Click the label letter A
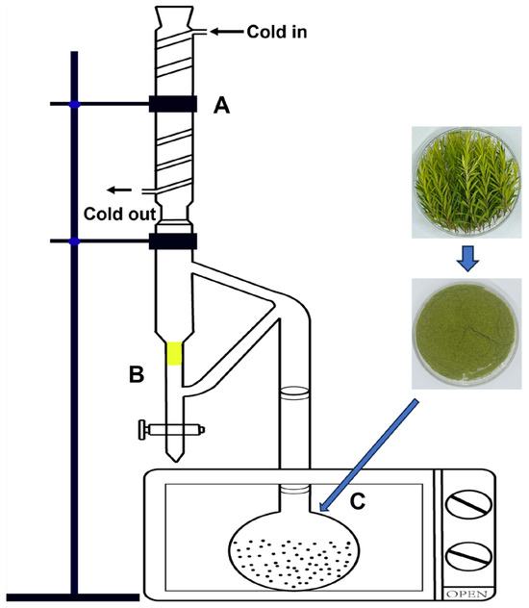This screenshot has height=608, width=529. tap(221, 110)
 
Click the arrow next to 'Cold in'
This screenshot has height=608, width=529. tap(229, 32)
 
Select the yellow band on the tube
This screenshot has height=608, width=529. tap(174, 353)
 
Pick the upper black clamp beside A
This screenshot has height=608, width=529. tap(173, 103)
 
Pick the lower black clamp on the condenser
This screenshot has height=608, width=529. tap(173, 241)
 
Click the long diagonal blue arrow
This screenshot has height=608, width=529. tap(370, 455)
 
